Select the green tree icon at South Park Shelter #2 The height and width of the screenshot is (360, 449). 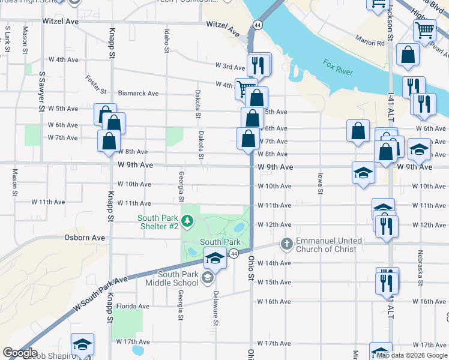pyautogui.click(x=188, y=223)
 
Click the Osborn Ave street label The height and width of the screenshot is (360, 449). pyautogui.click(x=85, y=238)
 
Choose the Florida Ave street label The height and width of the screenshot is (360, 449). pyautogui.click(x=133, y=306)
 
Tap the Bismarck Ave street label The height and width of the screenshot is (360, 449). pyautogui.click(x=138, y=94)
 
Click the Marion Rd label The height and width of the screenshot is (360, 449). pyautogui.click(x=369, y=43)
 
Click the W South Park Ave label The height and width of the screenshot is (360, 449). pyautogui.click(x=101, y=294)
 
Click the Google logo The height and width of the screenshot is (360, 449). pyautogui.click(x=20, y=353)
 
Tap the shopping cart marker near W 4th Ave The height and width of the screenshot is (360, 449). pyautogui.click(x=246, y=88)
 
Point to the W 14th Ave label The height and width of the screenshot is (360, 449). pyautogui.click(x=274, y=263)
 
